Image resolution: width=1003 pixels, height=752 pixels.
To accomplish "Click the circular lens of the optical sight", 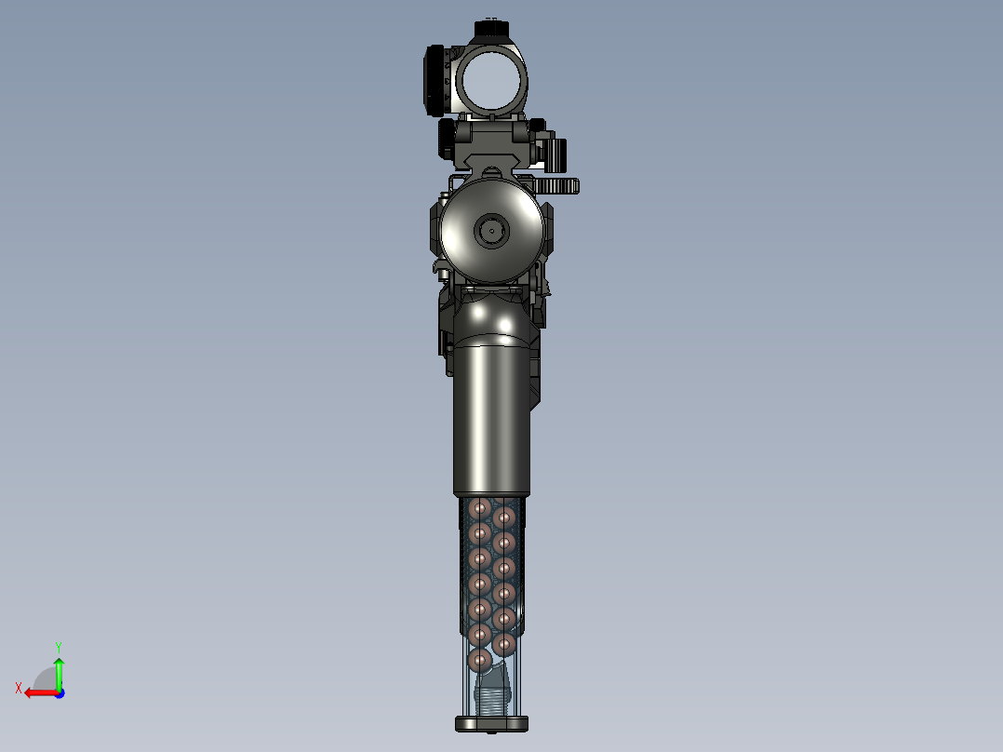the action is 491,81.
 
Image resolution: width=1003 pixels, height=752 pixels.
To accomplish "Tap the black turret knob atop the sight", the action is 491,28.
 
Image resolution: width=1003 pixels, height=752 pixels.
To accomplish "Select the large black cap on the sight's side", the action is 435,81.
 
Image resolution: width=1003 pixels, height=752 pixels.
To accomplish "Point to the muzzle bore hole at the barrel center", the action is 491,231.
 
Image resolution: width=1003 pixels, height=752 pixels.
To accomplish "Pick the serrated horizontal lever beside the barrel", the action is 555,186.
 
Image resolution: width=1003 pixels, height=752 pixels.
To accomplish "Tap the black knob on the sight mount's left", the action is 447,140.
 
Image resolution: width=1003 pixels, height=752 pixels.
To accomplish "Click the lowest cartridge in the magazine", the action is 480,659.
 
